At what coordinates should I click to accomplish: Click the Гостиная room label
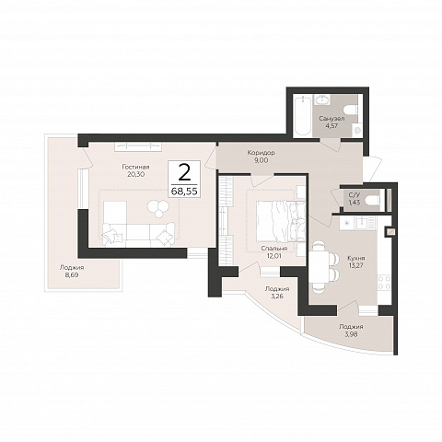pyautogui.click(x=135, y=167)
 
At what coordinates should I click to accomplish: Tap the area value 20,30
pyautogui.click(x=135, y=174)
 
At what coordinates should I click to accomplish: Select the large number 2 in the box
pyautogui.click(x=184, y=173)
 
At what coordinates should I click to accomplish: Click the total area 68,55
pyautogui.click(x=184, y=192)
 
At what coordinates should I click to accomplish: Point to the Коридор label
pyautogui.click(x=262, y=153)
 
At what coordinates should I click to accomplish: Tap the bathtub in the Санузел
pyautogui.click(x=302, y=116)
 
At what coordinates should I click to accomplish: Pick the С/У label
pyautogui.click(x=355, y=194)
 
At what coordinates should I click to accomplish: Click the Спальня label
pyautogui.click(x=274, y=249)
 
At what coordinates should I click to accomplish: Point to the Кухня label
pyautogui.click(x=356, y=258)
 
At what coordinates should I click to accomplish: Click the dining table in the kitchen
pyautogui.click(x=320, y=267)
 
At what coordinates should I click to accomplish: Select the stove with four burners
pyautogui.click(x=384, y=283)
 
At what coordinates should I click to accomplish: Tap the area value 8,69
pyautogui.click(x=72, y=275)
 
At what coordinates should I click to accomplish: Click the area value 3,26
pyautogui.click(x=276, y=297)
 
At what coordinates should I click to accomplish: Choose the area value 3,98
pyautogui.click(x=351, y=334)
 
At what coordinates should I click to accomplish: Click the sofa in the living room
pyautogui.click(x=138, y=234)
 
